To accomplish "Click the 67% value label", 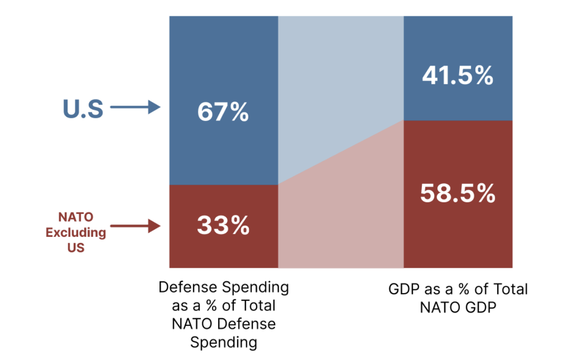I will [x=223, y=113].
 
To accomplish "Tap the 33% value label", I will [x=223, y=226].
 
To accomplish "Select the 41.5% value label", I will [x=457, y=76].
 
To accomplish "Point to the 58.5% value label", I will [x=457, y=194].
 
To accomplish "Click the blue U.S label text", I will [x=83, y=109].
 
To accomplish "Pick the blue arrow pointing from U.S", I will [x=135, y=107].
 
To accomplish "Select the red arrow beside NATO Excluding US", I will [x=135, y=226].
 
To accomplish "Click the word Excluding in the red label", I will [x=76, y=232].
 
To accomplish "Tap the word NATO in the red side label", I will [x=76, y=217].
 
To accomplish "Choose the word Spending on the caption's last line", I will [x=223, y=343].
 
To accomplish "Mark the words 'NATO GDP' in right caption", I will [x=458, y=308].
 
